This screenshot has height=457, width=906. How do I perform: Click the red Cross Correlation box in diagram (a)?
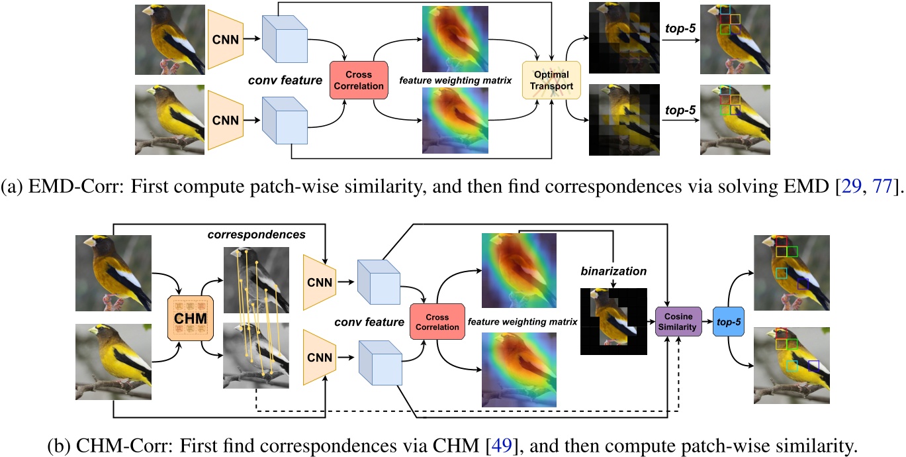359,80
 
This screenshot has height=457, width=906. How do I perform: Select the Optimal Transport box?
551,80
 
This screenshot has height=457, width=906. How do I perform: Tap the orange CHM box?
191,318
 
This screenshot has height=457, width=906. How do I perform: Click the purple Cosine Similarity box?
678,322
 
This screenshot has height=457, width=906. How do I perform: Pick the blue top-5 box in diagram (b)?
729,322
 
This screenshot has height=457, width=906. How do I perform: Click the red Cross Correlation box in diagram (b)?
437,322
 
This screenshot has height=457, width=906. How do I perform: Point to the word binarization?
613,271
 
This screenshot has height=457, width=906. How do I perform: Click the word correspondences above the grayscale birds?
256,234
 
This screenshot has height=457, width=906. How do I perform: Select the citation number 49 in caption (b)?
502,446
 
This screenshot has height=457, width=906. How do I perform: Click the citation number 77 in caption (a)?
882,186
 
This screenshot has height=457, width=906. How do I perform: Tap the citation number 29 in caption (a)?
851,186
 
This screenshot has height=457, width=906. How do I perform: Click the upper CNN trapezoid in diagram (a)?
226,39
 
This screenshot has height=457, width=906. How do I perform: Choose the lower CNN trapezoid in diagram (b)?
320,358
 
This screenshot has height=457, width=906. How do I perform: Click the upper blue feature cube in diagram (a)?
285,39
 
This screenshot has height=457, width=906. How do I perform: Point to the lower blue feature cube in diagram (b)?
380,363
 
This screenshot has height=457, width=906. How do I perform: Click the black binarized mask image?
613,321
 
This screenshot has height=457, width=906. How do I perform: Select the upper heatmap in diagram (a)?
455,39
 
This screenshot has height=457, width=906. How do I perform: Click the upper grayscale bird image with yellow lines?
256,280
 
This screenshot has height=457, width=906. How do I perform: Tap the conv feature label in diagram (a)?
285,80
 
